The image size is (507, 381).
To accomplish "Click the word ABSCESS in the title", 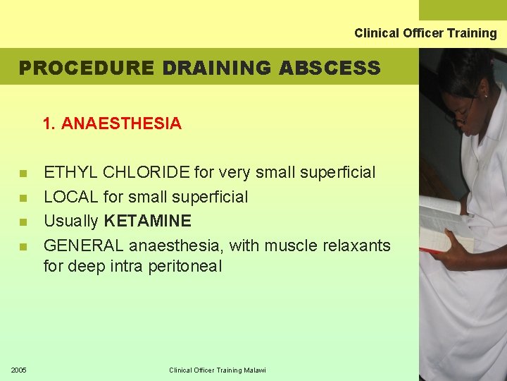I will [330, 68].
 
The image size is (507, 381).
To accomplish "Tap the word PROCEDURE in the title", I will [86, 68].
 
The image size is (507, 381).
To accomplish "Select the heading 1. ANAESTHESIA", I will [112, 124].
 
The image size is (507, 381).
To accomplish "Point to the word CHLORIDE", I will [145, 172].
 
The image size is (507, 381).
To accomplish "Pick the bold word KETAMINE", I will [147, 222].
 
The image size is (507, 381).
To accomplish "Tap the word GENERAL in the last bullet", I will [82, 246].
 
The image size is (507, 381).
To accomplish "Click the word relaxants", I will [356, 246].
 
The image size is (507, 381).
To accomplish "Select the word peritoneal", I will [185, 267].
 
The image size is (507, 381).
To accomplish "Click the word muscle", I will [289, 246].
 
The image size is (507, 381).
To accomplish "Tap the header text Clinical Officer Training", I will [425, 33].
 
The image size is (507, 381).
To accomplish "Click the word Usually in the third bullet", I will [71, 222].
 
